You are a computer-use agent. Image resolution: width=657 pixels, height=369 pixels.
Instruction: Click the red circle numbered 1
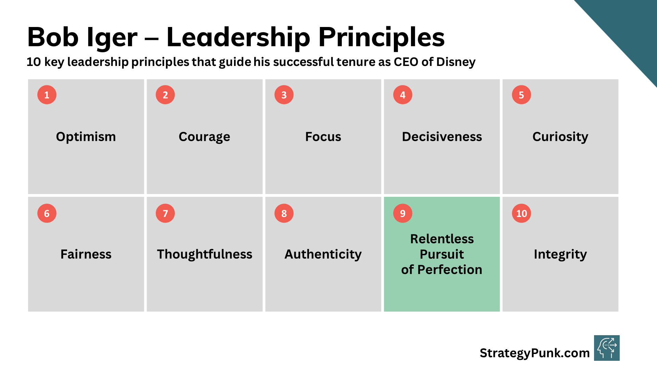pos(47,95)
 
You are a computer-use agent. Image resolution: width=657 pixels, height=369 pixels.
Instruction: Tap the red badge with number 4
pos(403,95)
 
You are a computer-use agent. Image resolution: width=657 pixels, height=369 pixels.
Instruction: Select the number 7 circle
pos(165,213)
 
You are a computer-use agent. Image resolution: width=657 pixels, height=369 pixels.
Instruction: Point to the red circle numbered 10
pos(521,213)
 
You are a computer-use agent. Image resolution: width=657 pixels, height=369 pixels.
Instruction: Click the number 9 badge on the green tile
pos(403,213)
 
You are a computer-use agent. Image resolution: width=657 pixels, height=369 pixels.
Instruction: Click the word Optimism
pos(86,137)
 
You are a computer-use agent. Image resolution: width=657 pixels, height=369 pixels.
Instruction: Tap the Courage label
pos(204,137)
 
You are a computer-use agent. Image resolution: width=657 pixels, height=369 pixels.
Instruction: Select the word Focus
pos(323,137)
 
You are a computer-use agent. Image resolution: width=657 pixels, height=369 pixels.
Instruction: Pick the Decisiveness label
pos(442,137)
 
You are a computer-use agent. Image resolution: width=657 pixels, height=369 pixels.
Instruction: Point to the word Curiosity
pos(560,137)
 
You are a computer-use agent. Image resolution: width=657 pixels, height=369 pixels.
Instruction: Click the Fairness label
pos(86,254)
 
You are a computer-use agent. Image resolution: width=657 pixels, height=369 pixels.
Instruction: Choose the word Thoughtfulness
pos(205,254)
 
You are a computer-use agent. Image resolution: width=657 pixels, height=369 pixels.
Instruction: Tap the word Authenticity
pos(323,255)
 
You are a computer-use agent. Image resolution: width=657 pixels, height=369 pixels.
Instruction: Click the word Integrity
pos(560,255)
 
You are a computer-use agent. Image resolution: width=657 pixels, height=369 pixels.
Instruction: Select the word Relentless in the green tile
pos(442,239)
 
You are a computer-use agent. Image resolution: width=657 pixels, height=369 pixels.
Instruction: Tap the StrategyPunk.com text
pos(534,353)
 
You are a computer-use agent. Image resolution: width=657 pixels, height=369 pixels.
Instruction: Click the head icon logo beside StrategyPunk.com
pos(607,348)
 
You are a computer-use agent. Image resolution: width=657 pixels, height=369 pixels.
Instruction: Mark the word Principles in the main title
pos(382,37)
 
